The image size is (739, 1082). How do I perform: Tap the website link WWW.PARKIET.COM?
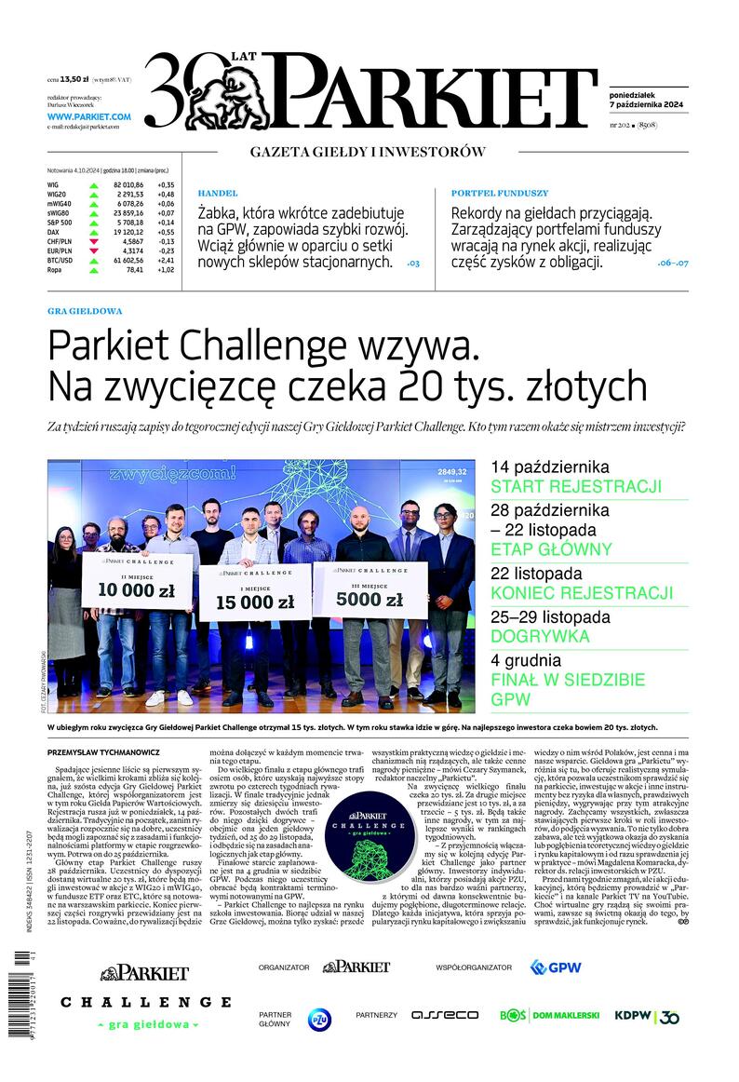click(x=88, y=116)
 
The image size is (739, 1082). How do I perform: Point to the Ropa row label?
click(x=54, y=269)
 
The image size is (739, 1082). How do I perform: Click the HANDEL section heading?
click(x=218, y=193)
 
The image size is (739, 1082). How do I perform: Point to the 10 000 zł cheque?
click(x=136, y=583)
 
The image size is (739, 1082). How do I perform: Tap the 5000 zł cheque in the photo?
click(x=369, y=591)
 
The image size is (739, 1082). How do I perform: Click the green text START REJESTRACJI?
click(x=575, y=487)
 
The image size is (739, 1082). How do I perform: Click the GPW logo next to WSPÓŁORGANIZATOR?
click(x=556, y=967)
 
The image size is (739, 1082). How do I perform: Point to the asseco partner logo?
click(x=445, y=1015)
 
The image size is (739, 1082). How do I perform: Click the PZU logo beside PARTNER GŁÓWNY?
click(x=319, y=1018)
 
